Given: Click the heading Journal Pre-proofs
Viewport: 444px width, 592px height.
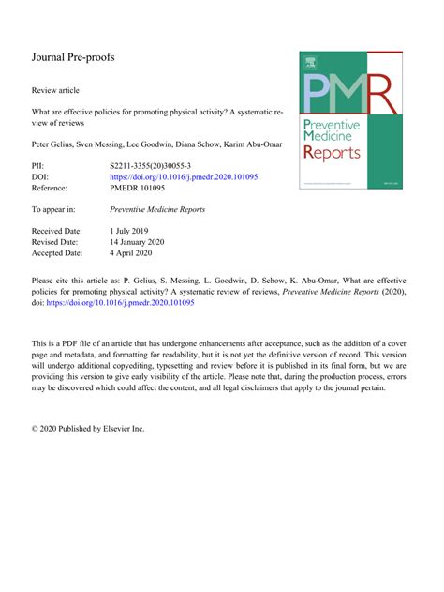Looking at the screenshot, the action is click(73, 58).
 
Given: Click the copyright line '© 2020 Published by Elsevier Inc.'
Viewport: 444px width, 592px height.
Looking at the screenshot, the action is click(88, 429).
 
